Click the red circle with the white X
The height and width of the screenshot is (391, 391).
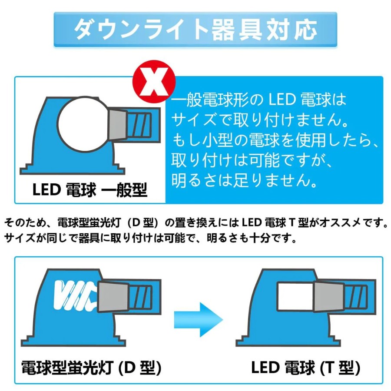click(154, 82)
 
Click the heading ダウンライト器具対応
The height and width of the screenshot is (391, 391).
click(195, 30)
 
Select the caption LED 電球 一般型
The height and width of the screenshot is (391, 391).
click(90, 190)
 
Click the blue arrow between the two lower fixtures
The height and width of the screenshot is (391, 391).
click(198, 319)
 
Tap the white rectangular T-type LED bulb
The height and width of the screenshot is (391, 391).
click(295, 297)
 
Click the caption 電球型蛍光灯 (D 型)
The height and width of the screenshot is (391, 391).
click(91, 368)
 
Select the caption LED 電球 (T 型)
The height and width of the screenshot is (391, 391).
click(305, 368)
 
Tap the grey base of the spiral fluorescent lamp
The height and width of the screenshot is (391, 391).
click(113, 297)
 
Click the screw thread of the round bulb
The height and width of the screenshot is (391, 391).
click(139, 124)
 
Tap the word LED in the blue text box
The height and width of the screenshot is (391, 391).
click(282, 100)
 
